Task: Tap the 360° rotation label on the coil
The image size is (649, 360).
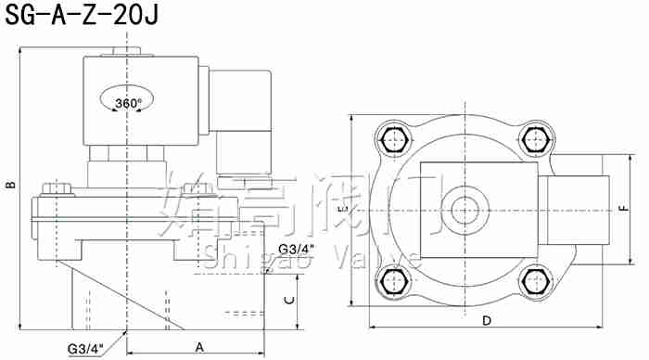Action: coord(128,102)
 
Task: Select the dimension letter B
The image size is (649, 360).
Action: coord(10,186)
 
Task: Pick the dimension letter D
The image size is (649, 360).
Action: coord(486,320)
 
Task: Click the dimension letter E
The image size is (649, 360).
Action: coord(342,212)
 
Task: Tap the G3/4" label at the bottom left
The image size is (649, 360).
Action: coord(85,348)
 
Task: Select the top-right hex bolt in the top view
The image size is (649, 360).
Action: coord(536,141)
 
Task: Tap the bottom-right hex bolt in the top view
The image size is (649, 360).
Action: coord(536,281)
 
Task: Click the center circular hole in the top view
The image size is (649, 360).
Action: coord(464,211)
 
